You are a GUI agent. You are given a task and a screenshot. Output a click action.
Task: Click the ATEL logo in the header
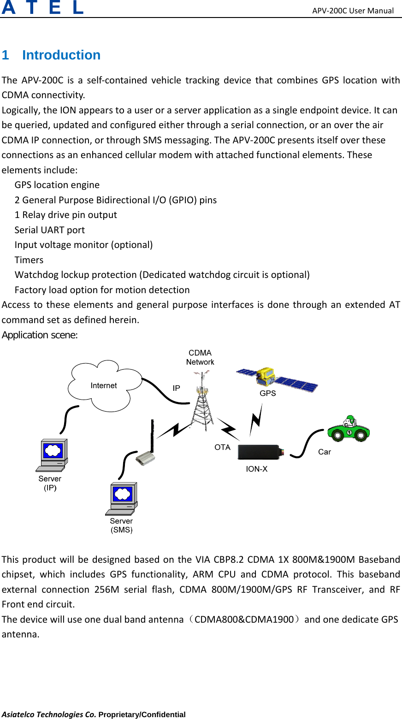[42, 8]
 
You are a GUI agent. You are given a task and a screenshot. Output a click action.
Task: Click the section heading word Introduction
[61, 55]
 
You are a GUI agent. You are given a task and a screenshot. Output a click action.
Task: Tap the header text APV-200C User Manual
[353, 10]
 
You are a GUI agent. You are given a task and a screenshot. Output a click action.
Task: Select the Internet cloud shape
[104, 385]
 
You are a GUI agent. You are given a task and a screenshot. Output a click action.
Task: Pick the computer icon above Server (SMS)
[122, 498]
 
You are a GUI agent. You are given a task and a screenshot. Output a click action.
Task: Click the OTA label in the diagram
[222, 447]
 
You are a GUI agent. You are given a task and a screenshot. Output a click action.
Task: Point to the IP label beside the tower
[176, 388]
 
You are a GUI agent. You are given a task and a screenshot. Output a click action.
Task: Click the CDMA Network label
[200, 358]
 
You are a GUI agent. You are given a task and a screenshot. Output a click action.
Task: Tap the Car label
[325, 452]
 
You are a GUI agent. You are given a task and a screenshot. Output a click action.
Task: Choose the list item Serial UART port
[50, 230]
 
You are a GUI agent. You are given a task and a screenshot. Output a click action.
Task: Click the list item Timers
[29, 260]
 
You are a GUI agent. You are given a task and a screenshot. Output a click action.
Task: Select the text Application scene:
[40, 335]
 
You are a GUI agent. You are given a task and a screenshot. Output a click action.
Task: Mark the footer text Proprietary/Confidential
[142, 714]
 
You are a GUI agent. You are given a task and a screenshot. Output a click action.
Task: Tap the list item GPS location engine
[57, 185]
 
